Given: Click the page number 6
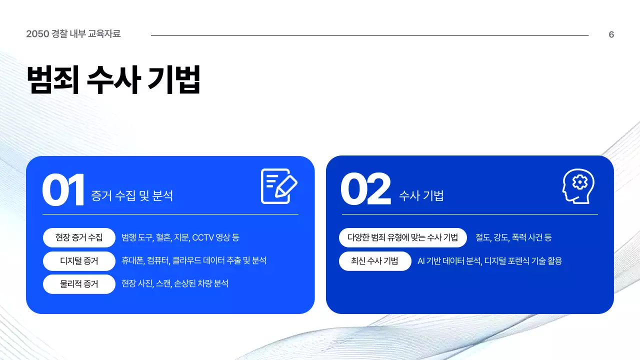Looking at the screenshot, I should (611, 34).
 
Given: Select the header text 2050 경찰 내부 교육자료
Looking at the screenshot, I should (73, 34).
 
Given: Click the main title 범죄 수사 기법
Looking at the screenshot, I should (113, 79).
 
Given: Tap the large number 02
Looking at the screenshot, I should (365, 190).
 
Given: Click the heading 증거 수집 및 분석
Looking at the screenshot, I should (132, 196).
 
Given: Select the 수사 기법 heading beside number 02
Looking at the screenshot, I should (421, 196).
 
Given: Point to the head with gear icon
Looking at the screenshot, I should (578, 186).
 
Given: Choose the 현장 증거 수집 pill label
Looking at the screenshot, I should (79, 237).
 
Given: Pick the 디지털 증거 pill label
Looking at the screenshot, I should (79, 260).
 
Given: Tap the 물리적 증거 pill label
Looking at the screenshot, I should (79, 284).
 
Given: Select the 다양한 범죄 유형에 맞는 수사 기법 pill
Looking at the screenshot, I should (402, 237).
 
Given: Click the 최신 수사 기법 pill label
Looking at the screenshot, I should (374, 260).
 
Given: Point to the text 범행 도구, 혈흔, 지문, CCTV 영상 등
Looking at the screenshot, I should (180, 237).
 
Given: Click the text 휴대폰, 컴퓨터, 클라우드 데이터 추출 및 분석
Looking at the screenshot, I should (193, 260).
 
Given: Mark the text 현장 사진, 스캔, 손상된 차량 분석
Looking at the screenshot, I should (174, 284).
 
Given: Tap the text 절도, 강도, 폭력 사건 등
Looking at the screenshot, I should (513, 237).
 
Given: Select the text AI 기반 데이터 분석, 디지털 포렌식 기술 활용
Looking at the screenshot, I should (489, 260).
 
